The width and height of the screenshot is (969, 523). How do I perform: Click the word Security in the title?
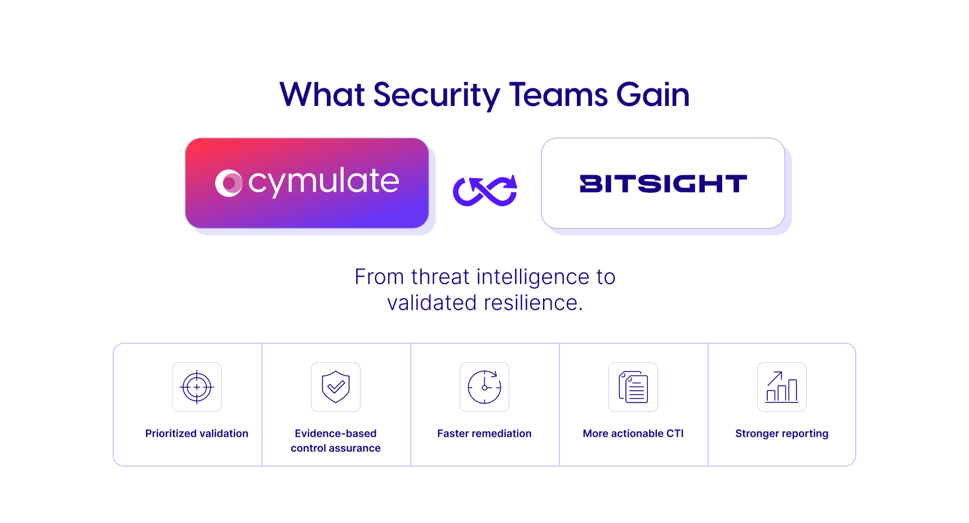point(436,95)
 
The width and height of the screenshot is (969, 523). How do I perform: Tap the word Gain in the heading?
point(653,94)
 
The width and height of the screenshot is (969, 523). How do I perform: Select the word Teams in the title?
point(558,94)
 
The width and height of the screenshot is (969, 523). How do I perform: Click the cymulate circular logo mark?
point(229,183)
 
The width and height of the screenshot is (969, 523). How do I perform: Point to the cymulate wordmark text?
point(324,182)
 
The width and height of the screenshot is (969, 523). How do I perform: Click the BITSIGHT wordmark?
point(663,184)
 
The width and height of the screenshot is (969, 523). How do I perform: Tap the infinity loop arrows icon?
point(485,190)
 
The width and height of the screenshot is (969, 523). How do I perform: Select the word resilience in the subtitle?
point(533,303)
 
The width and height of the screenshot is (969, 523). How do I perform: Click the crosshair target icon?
point(197,387)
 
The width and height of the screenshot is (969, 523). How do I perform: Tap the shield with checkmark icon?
point(336,387)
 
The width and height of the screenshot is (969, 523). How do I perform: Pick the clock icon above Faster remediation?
point(485,387)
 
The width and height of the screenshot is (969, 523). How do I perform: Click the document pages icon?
point(633,387)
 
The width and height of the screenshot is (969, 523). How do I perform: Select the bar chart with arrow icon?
point(782,387)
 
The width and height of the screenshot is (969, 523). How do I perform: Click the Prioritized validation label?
point(197,433)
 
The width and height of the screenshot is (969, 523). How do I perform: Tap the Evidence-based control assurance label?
point(336,441)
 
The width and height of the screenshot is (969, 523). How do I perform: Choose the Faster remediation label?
point(485,433)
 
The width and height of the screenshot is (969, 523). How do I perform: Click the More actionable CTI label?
point(633,433)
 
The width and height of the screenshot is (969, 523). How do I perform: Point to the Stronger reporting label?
point(782,434)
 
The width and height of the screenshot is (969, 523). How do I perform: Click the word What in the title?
point(322,94)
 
